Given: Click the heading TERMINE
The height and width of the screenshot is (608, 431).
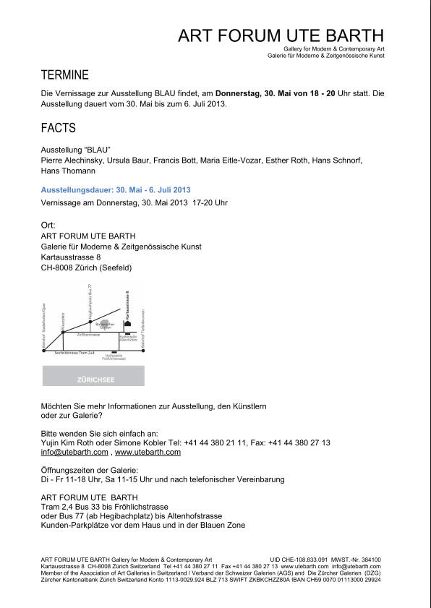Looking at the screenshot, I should coord(65,75).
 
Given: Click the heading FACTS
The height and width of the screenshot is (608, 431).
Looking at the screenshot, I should coord(59,129).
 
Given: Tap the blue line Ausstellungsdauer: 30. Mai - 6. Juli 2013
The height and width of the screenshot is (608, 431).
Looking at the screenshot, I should coord(116,189).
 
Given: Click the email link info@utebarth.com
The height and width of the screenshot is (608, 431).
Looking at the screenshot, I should coord(74,452).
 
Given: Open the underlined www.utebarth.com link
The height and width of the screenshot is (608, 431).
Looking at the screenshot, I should coord(148,452).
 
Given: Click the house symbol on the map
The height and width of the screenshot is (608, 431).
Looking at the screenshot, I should coord(128,323).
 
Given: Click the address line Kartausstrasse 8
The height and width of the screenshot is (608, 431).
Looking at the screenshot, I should coord(71,257).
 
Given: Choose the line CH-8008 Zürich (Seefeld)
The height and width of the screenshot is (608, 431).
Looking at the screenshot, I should coord(87,267).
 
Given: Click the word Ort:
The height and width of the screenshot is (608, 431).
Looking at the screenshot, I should coord(48,225).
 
